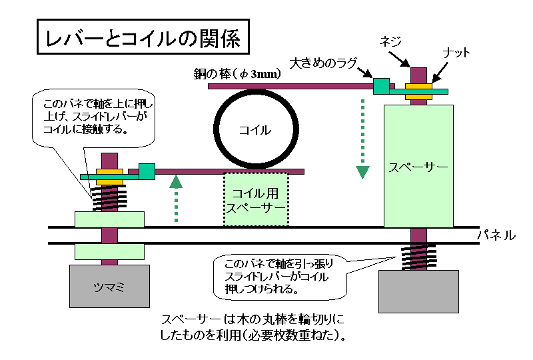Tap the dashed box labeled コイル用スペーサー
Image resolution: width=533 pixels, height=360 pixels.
coord(256,199)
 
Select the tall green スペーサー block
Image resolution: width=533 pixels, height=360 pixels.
coord(419,165)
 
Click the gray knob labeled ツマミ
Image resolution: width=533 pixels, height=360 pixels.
coord(109,287)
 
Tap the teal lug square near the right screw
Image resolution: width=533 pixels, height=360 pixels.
coord(380,85)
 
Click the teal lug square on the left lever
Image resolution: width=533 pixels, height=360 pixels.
coord(147,171)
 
